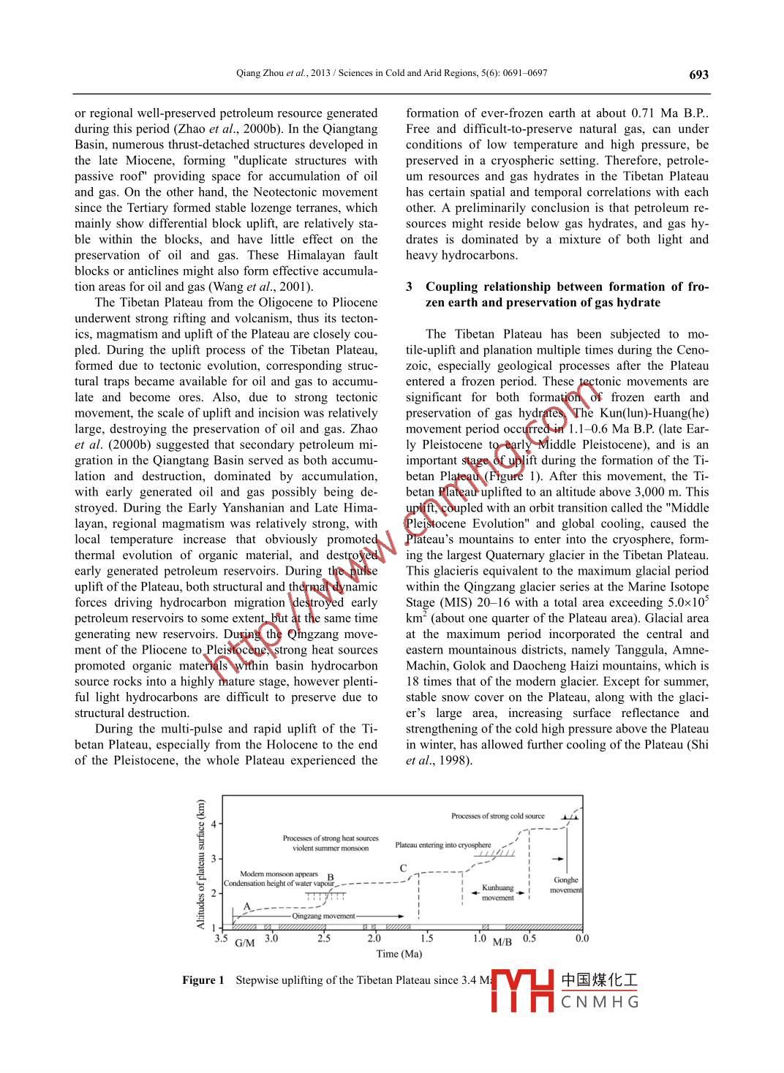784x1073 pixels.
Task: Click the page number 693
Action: point(698,75)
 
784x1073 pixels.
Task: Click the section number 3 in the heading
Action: point(410,287)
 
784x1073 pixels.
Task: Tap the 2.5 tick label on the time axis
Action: point(323,939)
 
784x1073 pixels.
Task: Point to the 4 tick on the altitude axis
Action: point(214,824)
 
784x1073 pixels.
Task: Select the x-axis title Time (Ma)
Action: point(399,954)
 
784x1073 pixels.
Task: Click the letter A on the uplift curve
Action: point(246,906)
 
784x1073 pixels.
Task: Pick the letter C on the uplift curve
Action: point(403,868)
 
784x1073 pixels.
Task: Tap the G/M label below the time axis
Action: point(245,943)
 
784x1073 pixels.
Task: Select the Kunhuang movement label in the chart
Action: point(497,893)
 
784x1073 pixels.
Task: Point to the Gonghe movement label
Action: point(566,885)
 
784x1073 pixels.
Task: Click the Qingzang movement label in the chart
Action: point(323,916)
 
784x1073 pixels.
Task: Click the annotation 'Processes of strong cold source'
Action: point(497,816)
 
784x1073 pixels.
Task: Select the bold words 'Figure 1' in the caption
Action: point(203,980)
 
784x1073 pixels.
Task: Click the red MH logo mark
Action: point(522,991)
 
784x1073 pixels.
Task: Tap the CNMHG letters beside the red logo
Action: point(600,1001)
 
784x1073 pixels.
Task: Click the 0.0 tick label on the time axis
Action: point(581,939)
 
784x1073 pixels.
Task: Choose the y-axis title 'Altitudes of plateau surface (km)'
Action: point(201,864)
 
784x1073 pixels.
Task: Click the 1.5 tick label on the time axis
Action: point(426,939)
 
